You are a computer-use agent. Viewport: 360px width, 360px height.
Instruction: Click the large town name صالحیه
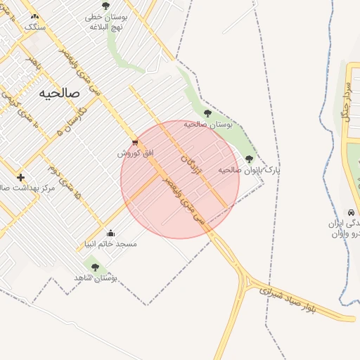point(60,92)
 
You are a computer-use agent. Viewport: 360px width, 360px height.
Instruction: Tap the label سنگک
point(34,27)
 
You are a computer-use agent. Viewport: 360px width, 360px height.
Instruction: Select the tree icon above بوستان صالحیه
point(207,112)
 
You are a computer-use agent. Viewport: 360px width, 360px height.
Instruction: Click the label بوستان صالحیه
point(208,124)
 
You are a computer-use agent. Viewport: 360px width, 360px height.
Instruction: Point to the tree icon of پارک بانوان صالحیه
point(249,159)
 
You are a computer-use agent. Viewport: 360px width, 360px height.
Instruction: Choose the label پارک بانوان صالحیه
point(249,170)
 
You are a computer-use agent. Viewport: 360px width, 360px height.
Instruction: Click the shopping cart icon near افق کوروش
point(135,142)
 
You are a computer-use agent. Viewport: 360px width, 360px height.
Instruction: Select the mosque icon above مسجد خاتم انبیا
point(110,233)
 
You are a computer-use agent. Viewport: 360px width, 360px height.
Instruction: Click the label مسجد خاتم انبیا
point(108,245)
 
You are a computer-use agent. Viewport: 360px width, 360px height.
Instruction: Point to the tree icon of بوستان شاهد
point(95,267)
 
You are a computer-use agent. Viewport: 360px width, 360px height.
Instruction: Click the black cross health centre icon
point(21,177)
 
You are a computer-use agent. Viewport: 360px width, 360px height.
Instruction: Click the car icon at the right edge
point(350,212)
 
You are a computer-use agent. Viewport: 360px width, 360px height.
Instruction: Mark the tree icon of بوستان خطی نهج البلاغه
point(105,6)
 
